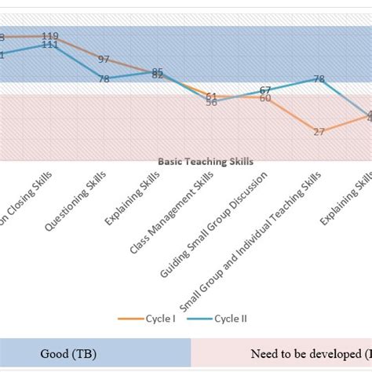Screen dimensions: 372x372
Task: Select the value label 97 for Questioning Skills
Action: point(104,59)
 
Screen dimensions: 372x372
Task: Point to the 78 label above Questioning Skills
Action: point(104,78)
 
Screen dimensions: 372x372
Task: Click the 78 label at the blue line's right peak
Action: point(319,79)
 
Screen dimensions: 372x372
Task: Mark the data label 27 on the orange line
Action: point(319,132)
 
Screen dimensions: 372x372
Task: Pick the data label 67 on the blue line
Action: point(265,89)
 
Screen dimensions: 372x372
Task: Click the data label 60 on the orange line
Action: point(265,99)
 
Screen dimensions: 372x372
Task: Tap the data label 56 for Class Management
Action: point(211,103)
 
